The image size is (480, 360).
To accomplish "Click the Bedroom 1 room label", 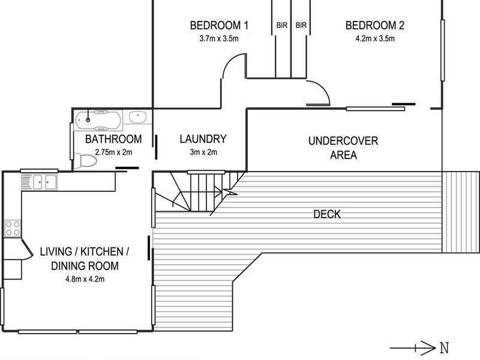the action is pos(219,25).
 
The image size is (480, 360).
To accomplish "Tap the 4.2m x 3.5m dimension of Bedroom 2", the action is pos(375,38).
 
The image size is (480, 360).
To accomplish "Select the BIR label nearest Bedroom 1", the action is pos(282,25).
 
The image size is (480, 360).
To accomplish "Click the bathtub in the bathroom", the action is pos(98,121).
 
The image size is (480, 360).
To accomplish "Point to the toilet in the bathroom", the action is pos(86,160).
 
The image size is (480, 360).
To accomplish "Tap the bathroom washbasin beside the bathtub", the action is pos(138,117).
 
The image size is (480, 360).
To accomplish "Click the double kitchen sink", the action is pos(45,182).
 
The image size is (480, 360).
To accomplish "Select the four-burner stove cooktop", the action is pos(13,228).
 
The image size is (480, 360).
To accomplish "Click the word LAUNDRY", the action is pos(203,139).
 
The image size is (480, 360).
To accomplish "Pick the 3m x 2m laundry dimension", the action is pos(203,152).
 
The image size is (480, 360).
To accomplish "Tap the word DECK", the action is pos(327,214).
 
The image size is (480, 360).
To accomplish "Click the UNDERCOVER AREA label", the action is pos(343,148).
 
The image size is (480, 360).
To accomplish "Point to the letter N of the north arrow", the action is pos(445,348).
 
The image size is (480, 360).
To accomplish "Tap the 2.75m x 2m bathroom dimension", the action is pos(113,152).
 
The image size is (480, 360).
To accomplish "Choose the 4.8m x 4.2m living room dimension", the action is pos(85,279).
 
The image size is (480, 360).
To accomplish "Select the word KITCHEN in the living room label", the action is pos(101,251).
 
